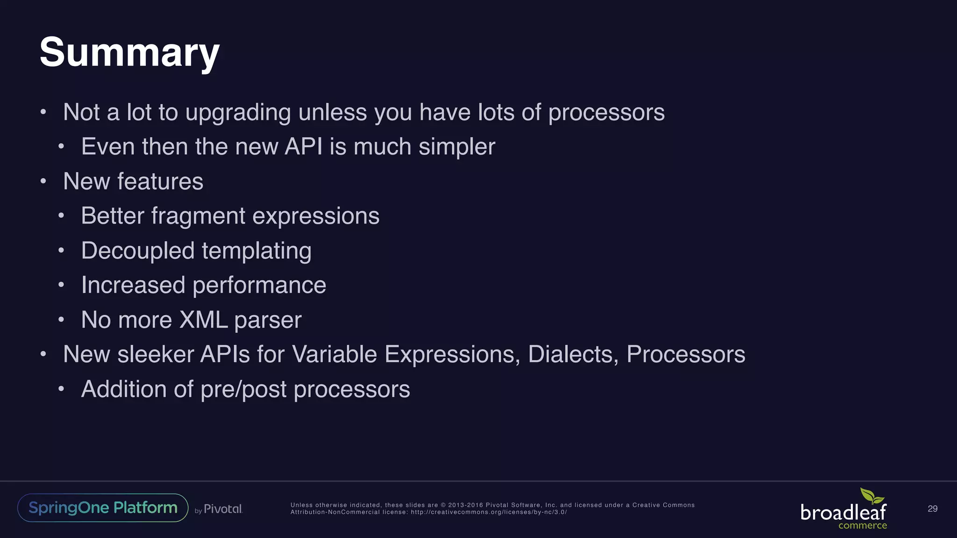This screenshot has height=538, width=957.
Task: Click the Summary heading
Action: (x=129, y=52)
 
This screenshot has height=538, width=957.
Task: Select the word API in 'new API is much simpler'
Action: (x=303, y=147)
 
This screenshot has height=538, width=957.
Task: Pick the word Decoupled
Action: (x=137, y=251)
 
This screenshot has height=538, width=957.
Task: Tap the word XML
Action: (x=203, y=320)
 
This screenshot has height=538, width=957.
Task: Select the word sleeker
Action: (x=155, y=354)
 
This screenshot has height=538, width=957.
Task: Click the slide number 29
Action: (x=932, y=509)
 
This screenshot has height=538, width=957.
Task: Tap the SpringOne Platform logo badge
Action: (x=103, y=508)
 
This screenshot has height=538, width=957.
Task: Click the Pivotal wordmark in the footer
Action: (x=223, y=509)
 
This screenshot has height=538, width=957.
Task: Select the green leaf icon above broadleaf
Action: (x=871, y=496)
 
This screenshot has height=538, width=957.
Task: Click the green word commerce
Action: (x=862, y=525)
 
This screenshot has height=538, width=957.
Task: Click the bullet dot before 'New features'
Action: (x=43, y=181)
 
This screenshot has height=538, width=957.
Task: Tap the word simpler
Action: (x=457, y=147)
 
